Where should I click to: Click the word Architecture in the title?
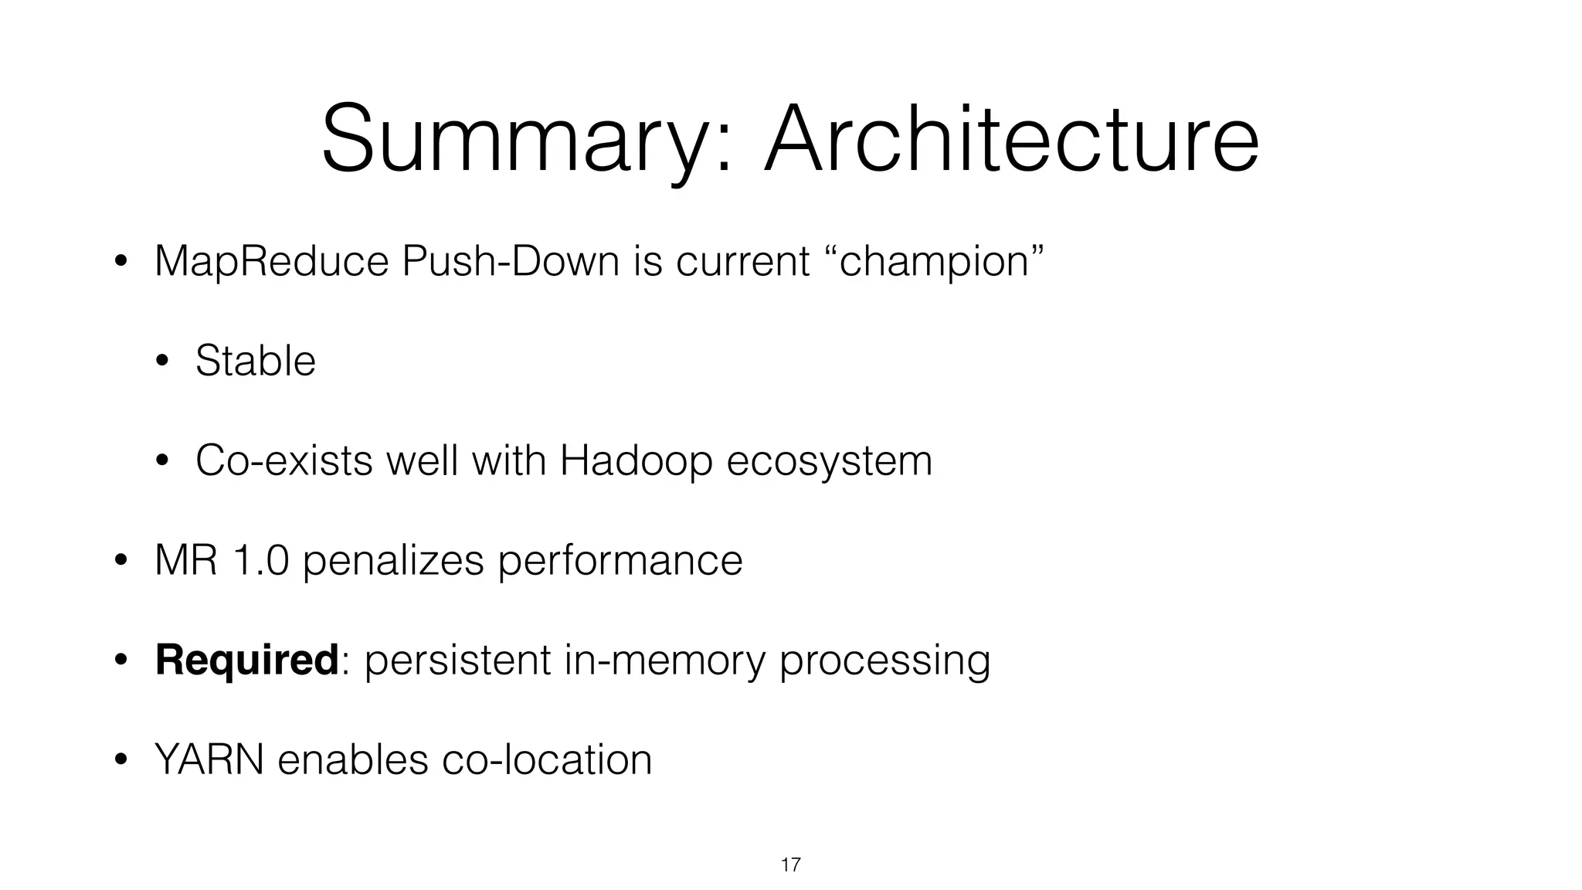pos(1011,139)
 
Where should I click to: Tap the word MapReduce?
pos(271,261)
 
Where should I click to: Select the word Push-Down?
pos(511,261)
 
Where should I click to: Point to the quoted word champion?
pos(935,261)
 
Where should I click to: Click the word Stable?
pos(255,361)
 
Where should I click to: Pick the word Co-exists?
pos(284,460)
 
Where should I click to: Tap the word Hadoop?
pos(636,460)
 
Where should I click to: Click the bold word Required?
pos(246,661)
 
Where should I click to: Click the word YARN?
pos(209,759)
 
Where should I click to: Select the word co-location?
pos(547,759)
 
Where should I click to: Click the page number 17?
pos(790,865)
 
